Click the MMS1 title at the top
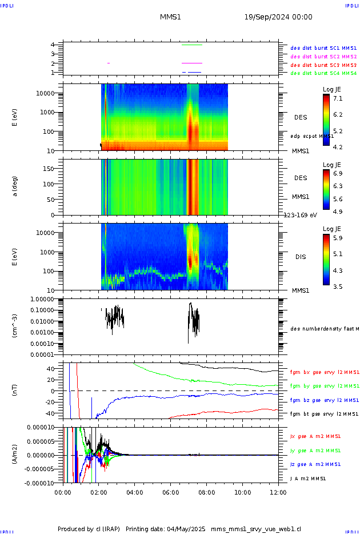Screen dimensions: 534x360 pos(170,17)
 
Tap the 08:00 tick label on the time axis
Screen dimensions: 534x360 pos(207,491)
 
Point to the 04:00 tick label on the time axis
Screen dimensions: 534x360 pos(135,491)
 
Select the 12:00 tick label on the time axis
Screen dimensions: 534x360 pos(278,491)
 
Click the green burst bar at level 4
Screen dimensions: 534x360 pos(191,45)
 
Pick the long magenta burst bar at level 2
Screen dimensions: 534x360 pos(191,63)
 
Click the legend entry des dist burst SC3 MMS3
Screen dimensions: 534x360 pos(323,65)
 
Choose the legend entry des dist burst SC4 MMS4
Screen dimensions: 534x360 pos(323,73)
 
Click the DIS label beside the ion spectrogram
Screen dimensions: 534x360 pos(301,257)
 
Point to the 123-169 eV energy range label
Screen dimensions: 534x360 pos(301,215)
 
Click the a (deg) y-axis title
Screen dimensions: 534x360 pos(15,185)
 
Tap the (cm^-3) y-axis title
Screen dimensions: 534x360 pos(15,325)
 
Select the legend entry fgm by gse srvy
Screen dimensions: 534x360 pos(323,386)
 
